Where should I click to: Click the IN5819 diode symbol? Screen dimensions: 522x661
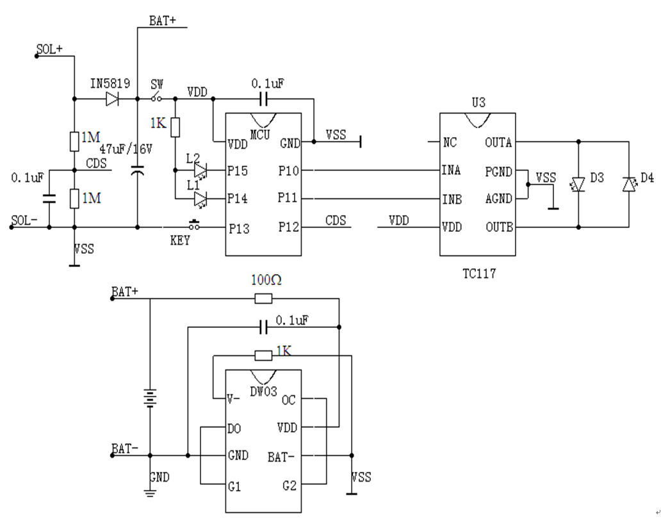113,99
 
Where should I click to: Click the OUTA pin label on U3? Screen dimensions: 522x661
498,143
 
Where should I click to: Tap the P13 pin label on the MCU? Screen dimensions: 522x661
238,227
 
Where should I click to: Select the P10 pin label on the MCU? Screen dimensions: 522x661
289,171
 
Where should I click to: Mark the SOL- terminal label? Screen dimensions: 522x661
24,221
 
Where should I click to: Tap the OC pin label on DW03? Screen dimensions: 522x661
289,399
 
